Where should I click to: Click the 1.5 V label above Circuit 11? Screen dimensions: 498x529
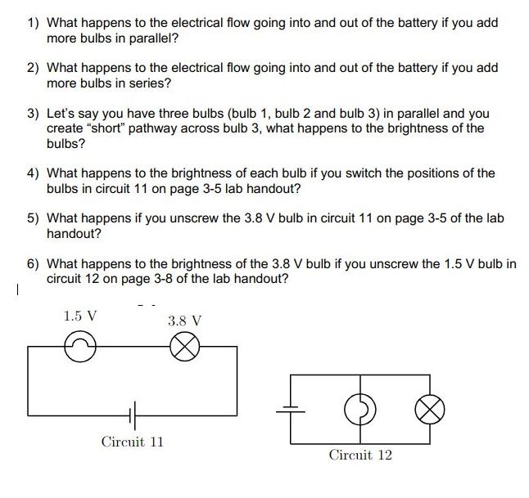coord(80,315)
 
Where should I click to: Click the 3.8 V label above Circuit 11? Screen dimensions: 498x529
coord(184,321)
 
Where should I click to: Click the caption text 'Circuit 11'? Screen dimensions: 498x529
coord(133,442)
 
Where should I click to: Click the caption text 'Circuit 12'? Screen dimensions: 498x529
coord(360,455)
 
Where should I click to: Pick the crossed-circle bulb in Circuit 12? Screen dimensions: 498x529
coord(431,406)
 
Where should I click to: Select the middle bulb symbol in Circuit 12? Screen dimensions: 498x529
coord(361,406)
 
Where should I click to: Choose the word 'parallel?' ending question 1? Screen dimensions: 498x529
coord(153,38)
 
